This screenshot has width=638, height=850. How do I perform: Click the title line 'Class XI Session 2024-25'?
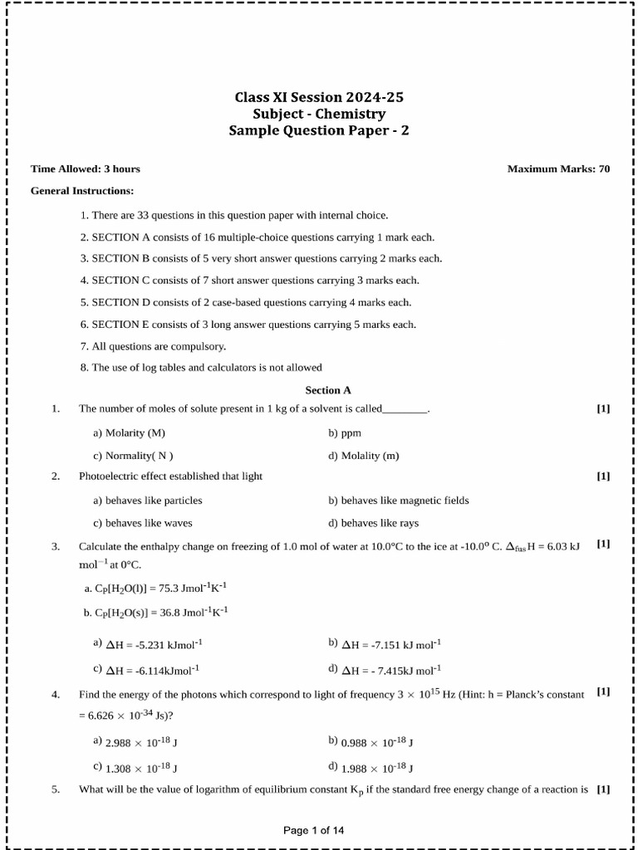[319, 97]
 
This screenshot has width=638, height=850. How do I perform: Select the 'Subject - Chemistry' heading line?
[319, 114]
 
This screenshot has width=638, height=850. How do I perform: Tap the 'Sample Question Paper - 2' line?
[319, 130]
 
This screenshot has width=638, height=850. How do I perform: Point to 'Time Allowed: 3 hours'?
[86, 169]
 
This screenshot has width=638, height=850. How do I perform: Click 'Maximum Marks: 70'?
[558, 169]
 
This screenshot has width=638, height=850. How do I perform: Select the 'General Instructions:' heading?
[82, 191]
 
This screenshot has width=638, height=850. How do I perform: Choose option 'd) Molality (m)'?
[364, 456]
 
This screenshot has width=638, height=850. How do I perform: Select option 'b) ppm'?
[345, 433]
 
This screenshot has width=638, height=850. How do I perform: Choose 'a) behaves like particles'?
[148, 501]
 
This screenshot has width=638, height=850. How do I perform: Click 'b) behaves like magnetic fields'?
[399, 501]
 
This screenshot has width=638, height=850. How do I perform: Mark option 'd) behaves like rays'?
[374, 523]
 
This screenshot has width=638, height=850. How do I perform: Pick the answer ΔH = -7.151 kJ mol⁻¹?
[385, 644]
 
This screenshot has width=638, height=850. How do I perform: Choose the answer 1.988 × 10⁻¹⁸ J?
[371, 768]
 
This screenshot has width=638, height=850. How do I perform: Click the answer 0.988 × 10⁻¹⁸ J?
[371, 742]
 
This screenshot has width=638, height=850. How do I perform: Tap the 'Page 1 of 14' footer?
[319, 830]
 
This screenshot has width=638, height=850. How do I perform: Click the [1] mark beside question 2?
[603, 476]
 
